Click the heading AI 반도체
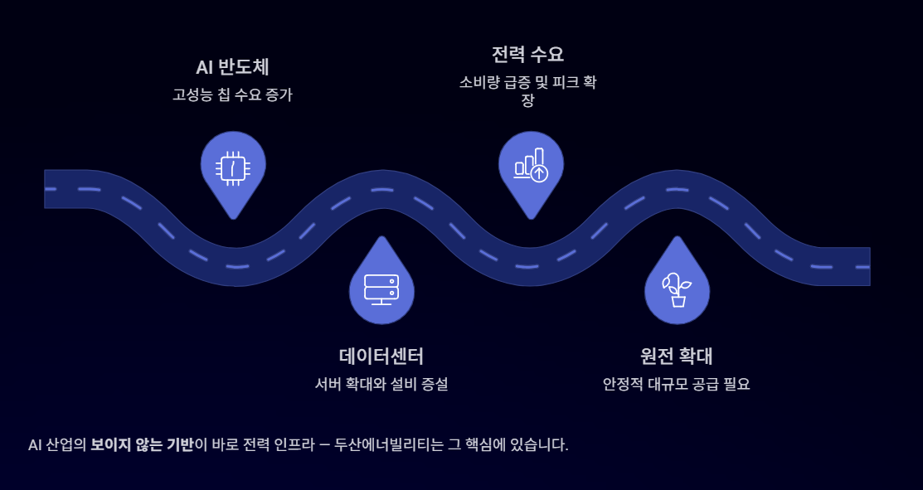pyautogui.click(x=232, y=67)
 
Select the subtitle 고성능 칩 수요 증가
pyautogui.click(x=232, y=95)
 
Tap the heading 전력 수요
pyautogui.click(x=527, y=55)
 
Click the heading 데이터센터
pyautogui.click(x=381, y=357)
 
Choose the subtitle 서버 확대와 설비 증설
pyautogui.click(x=381, y=385)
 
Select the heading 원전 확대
pyautogui.click(x=677, y=357)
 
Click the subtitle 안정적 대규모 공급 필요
pyautogui.click(x=677, y=385)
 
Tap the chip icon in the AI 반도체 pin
pyautogui.click(x=233, y=168)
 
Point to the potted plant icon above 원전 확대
pyautogui.click(x=677, y=289)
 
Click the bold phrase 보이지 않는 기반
pyautogui.click(x=142, y=444)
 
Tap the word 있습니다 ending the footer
pyautogui.click(x=538, y=444)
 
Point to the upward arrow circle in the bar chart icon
pyautogui.click(x=539, y=173)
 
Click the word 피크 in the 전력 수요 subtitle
pyautogui.click(x=565, y=83)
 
